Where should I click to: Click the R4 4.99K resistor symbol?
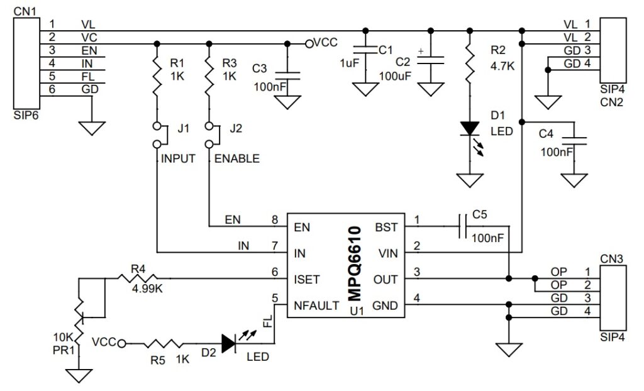point(137,277)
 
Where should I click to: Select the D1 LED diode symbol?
point(469,128)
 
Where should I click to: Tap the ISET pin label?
point(306,277)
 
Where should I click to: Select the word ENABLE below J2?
point(237,159)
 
